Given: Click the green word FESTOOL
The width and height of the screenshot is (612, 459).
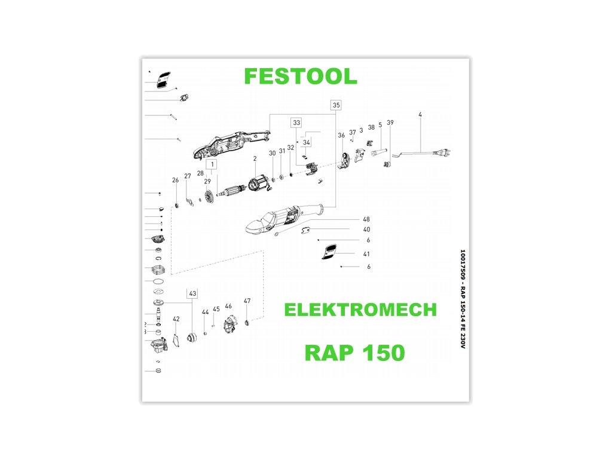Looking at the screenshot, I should (301, 76).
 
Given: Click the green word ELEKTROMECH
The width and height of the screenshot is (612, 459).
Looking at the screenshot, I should (360, 310).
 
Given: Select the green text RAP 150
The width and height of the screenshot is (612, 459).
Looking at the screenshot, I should (354, 352).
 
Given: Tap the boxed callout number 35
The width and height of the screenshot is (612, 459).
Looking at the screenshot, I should (336, 105).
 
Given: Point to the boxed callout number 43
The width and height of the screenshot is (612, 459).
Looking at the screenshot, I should (192, 293).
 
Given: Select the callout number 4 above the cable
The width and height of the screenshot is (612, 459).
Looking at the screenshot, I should (420, 114).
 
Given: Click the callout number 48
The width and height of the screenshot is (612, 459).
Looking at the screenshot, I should (366, 219).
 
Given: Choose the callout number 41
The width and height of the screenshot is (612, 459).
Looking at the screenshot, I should (366, 254).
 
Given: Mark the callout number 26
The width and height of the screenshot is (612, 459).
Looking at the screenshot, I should (175, 180).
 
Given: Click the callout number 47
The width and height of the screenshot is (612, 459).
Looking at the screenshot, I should (247, 301).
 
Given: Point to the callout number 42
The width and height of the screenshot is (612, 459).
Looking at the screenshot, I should (176, 319).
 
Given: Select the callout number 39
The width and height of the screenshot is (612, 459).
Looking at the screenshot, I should (390, 123).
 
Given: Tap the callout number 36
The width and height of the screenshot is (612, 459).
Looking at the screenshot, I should (341, 136).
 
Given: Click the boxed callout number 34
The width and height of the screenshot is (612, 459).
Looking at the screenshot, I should (307, 143).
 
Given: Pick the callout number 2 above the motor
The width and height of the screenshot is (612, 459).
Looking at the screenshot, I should (255, 158).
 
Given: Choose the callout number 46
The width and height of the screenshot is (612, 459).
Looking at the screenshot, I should (228, 306).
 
